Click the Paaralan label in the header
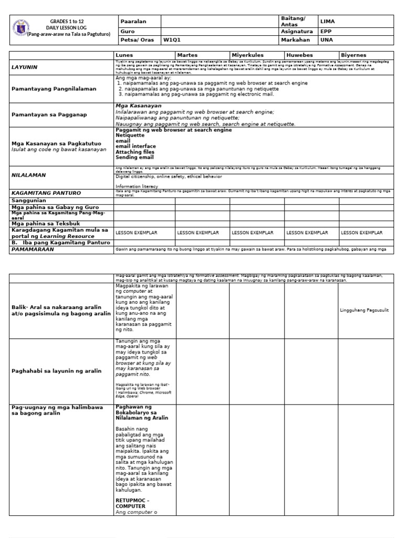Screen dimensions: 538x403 [x=133, y=21]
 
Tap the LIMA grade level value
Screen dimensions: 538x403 [x=327, y=21]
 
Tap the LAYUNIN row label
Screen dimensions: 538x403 [x=25, y=67]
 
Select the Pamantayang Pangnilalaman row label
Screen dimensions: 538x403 [x=54, y=89]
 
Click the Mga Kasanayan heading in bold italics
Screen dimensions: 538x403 [x=131, y=106]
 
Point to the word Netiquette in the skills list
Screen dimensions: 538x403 [x=130, y=135]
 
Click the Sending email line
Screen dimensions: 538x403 [x=134, y=157]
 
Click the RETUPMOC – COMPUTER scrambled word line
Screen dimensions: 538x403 [x=131, y=503]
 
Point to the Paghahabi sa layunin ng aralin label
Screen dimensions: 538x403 [x=56, y=370]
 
